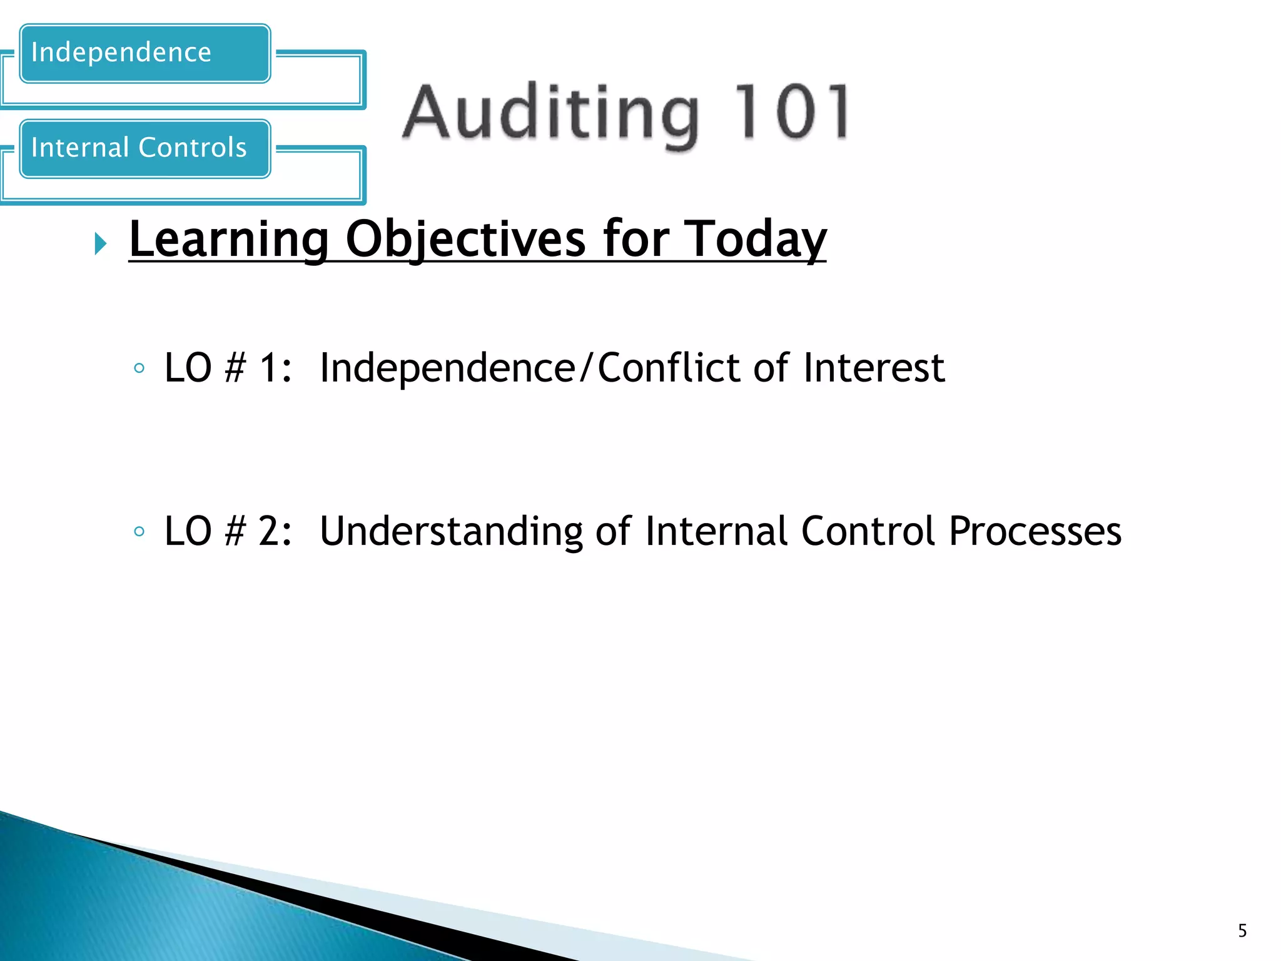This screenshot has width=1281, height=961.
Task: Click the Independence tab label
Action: click(121, 53)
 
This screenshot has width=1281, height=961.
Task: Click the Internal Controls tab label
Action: click(138, 148)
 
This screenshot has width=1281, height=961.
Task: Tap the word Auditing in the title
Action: click(550, 113)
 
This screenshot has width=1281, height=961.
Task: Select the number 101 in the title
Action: click(791, 113)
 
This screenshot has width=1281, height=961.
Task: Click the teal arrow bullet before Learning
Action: click(101, 243)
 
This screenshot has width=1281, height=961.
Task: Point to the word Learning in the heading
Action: click(229, 240)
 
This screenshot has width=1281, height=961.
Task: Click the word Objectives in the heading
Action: click(466, 240)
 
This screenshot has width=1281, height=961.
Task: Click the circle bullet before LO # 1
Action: click(139, 369)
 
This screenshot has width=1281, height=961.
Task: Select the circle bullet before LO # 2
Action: click(139, 532)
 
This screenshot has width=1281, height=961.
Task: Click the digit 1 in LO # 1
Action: click(268, 368)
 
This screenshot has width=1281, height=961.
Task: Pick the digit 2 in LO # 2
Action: click(268, 531)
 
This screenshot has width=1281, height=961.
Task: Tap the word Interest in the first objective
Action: click(874, 368)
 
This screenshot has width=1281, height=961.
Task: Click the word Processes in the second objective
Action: click(1035, 531)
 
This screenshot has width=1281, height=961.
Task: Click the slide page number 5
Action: click(1242, 931)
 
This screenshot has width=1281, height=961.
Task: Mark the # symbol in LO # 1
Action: click(235, 368)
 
